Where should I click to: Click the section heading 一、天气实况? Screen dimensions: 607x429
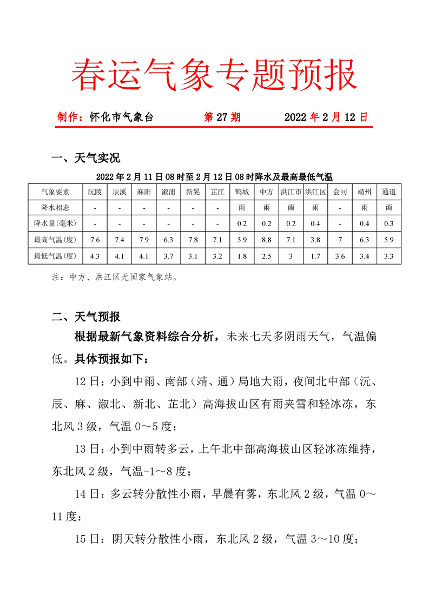tap(85, 159)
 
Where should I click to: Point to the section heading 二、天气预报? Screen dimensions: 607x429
tap(85, 317)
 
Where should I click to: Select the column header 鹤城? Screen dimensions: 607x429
tap(242, 192)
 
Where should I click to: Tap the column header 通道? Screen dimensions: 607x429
tap(388, 192)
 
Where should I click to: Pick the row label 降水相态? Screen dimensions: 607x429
tap(55, 207)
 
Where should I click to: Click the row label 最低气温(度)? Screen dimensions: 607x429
tap(55, 255)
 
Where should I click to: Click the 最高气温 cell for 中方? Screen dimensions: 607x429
tap(266, 240)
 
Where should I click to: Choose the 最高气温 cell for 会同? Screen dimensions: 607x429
tap(340, 240)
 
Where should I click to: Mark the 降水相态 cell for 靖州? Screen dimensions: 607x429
tap(364, 207)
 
